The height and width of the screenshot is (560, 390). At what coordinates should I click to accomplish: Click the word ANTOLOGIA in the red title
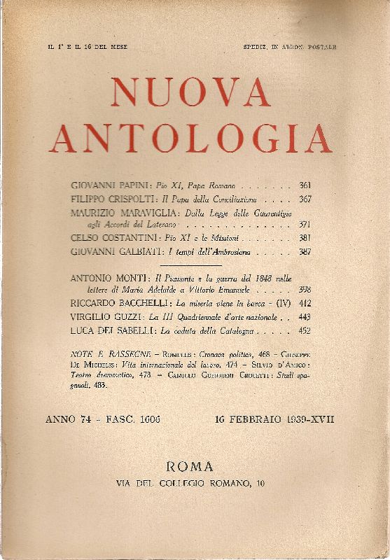tap(190, 138)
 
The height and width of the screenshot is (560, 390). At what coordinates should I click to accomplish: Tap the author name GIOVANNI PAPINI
tap(109, 185)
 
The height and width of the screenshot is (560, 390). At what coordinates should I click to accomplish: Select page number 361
tap(305, 185)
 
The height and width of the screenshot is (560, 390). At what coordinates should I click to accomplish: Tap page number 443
tap(305, 316)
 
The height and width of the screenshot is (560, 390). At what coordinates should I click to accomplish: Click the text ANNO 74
tap(67, 418)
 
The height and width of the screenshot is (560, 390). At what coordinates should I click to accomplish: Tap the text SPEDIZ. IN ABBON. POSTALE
tap(300, 46)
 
